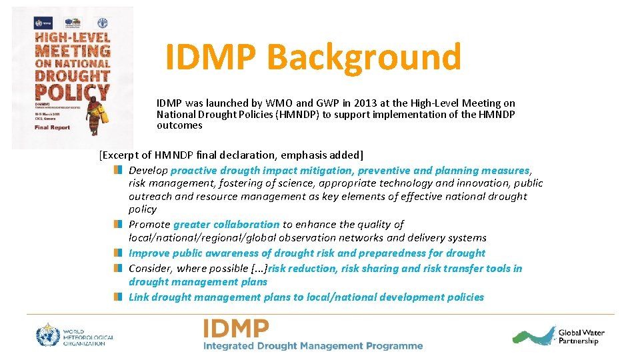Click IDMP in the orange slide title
pos(210,57)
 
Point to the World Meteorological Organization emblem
pos(48,335)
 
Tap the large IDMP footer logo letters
pos(237,329)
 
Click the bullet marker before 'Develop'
pos(118,171)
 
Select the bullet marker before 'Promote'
pos(118,225)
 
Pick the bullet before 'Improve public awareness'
pos(118,253)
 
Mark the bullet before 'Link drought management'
pos(118,297)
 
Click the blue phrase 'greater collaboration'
pos(227,225)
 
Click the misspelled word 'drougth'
pos(239,171)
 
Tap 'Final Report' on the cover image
pos(52,127)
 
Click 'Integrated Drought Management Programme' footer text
pos(313,346)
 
